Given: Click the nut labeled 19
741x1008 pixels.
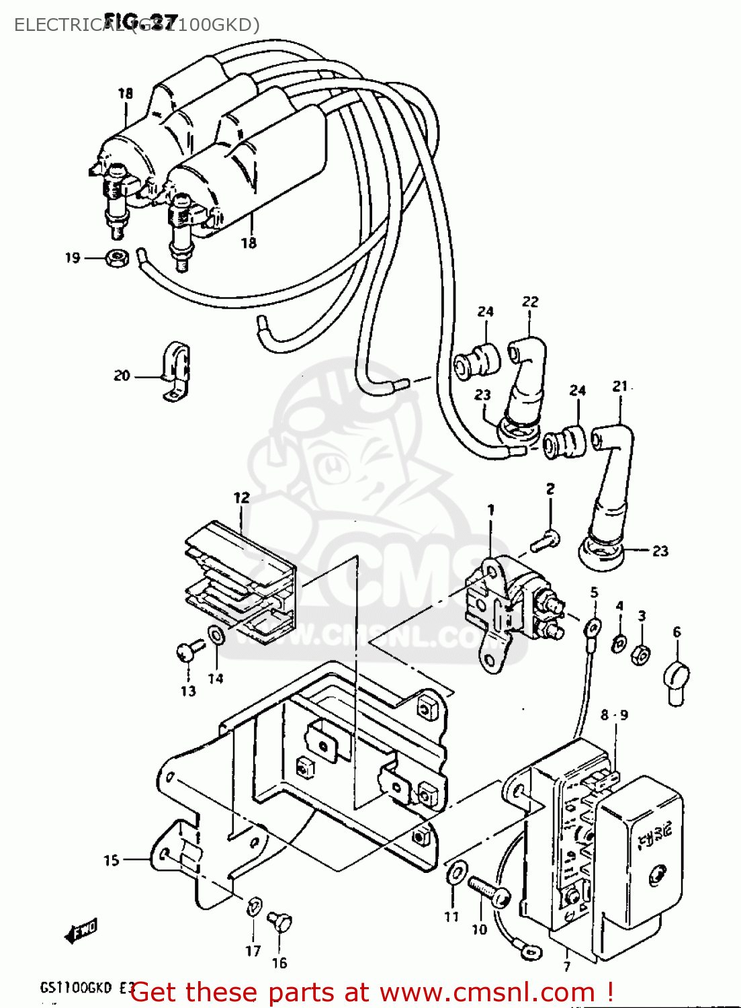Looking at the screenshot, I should [118, 258].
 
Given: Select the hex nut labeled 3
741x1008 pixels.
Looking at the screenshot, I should [642, 653].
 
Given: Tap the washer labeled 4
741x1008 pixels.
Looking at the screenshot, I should [619, 643].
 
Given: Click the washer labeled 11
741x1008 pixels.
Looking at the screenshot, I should [455, 873].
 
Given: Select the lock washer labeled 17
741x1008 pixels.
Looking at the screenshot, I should [254, 907].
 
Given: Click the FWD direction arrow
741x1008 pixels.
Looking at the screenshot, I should [81, 931].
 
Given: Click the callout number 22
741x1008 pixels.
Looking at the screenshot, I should [530, 302].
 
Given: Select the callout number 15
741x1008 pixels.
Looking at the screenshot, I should [112, 860].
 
